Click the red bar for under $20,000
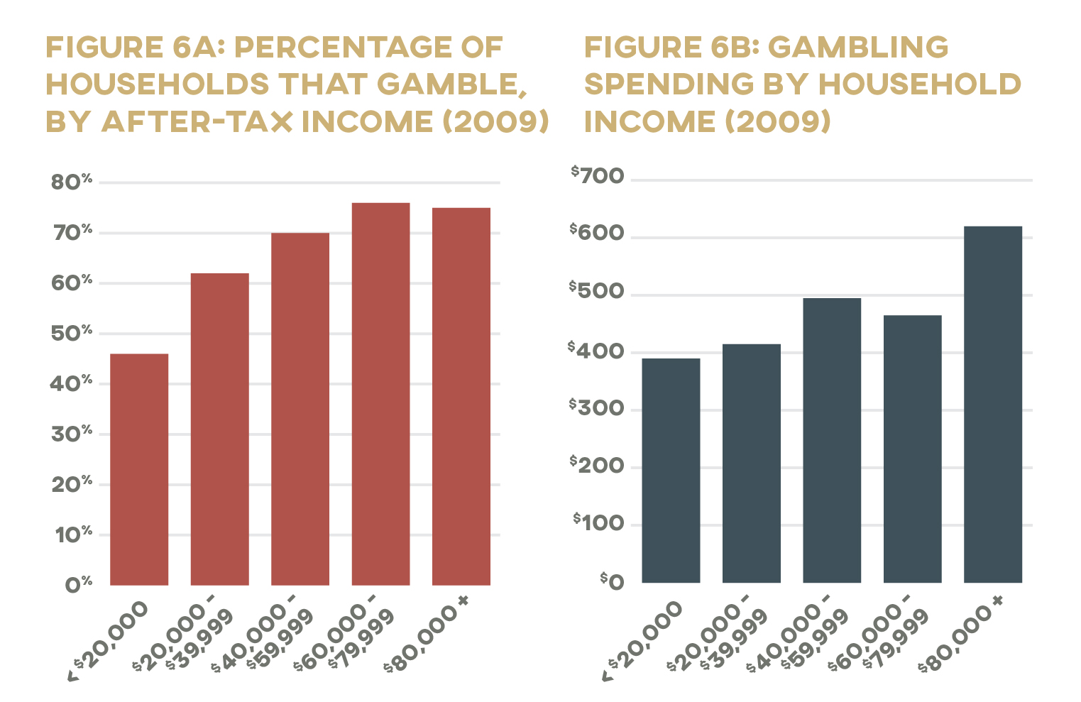pos(139,469)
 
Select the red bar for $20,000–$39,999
pos(219,429)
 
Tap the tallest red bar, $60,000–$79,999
pos(380,394)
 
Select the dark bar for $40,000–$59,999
pos(832,440)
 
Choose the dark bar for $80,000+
pos(992,405)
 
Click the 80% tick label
pos(71,182)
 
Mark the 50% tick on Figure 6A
pos(71,334)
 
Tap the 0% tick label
pos(78,585)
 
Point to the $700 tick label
pos(598,175)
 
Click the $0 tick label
pos(612,582)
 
